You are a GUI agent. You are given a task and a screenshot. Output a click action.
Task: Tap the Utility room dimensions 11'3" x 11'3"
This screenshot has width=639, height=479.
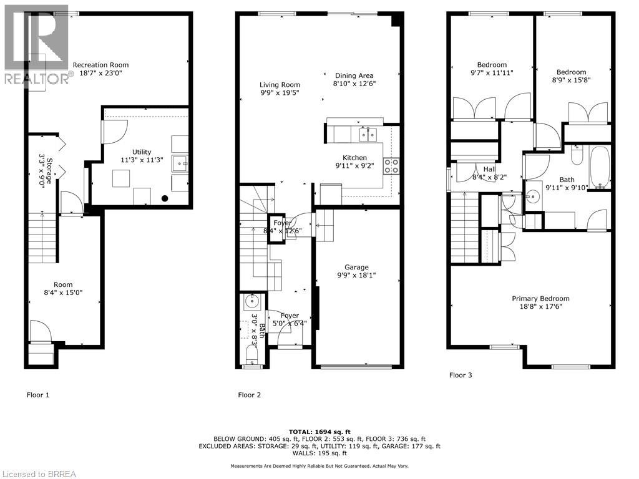141,160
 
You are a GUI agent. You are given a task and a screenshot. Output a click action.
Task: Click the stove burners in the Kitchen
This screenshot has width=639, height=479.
391,166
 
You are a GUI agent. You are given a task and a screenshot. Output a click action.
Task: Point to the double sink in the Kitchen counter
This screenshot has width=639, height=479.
367,134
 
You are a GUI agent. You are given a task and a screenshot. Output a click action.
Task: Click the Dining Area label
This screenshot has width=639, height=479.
354,75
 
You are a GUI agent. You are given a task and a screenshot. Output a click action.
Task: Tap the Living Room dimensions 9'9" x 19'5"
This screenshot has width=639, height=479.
280,93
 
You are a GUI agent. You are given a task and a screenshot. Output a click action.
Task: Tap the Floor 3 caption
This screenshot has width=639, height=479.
461,375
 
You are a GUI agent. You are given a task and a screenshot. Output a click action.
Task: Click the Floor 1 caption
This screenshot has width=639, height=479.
37,395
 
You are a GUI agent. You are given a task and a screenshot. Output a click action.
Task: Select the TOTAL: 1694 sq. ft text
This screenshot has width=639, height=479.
319,432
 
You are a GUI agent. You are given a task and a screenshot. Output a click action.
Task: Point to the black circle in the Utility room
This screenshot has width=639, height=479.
165,199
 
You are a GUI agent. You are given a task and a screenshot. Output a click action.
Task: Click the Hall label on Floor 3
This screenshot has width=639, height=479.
489,168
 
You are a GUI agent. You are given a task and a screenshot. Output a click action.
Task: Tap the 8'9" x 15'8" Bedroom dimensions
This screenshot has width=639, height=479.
572,80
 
